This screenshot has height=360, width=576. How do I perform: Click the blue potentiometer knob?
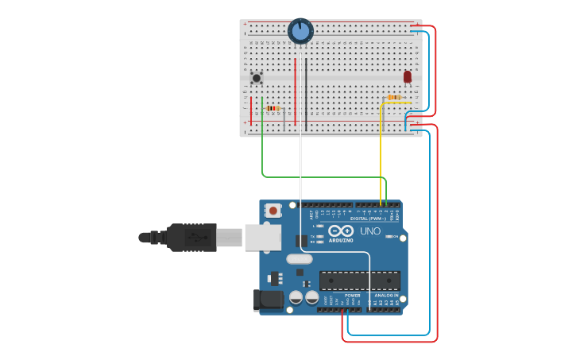(x=300, y=31)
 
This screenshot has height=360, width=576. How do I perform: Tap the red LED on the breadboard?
(x=408, y=77)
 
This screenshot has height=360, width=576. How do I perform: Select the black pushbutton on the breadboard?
(x=257, y=78)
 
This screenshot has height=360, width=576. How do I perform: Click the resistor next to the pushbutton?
(x=273, y=108)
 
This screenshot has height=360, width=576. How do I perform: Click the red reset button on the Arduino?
(x=273, y=211)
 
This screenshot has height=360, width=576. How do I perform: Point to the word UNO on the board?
(x=370, y=231)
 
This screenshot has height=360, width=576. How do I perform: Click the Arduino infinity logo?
(x=341, y=230)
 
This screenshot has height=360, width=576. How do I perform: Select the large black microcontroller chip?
(x=359, y=281)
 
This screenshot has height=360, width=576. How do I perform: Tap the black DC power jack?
(x=268, y=300)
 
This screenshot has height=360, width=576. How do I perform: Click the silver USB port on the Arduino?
(x=262, y=237)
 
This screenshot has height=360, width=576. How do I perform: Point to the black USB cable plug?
(x=191, y=237)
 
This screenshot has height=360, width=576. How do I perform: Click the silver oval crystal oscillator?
(x=300, y=258)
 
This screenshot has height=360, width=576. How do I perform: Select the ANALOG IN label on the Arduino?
(x=386, y=295)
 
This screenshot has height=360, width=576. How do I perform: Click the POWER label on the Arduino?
(x=352, y=295)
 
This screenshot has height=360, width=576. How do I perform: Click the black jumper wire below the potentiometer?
(x=306, y=91)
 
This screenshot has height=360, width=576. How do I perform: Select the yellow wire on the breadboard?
(x=381, y=151)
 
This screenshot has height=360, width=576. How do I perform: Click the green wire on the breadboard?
(x=262, y=143)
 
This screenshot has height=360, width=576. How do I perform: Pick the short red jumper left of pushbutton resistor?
(x=251, y=110)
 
